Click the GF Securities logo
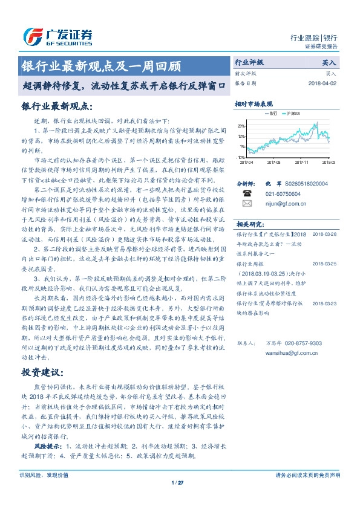(x=57, y=37)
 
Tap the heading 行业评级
(x=249, y=62)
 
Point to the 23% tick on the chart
(x=241, y=126)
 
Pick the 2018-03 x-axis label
(x=329, y=162)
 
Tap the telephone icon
(x=247, y=193)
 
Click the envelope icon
(x=247, y=204)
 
